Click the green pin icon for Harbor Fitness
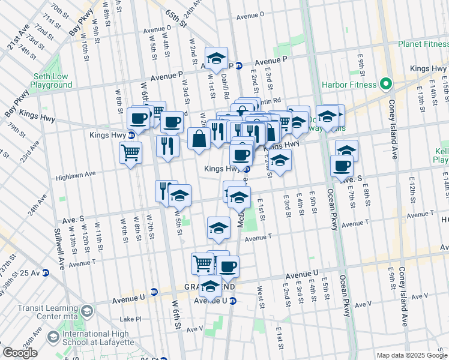tap(387, 84)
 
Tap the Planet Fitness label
tap(423, 44)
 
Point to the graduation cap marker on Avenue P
tap(216, 58)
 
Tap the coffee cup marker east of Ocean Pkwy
tap(342, 166)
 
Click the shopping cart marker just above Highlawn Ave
tap(130, 152)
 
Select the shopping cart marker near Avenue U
tap(203, 263)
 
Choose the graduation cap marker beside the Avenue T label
tap(218, 227)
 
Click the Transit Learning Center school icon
tap(88, 310)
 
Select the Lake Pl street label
tap(130, 319)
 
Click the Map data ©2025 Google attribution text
tap(411, 355)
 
